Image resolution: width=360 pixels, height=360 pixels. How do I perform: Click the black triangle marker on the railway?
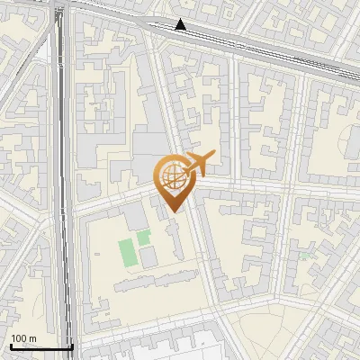(x=181, y=25)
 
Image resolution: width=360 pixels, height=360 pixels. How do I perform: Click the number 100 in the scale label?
(x=19, y=338)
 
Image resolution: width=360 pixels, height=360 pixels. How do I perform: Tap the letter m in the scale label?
(x=33, y=338)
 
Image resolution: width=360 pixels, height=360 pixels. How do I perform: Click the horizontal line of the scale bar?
(x=40, y=346)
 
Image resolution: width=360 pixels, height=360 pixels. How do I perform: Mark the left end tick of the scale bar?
(x=10, y=345)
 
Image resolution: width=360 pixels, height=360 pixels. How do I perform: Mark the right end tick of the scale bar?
(x=72, y=345)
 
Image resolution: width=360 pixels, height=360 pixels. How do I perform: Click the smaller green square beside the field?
(x=144, y=238)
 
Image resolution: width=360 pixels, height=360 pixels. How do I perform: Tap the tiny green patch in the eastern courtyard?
(x=303, y=256)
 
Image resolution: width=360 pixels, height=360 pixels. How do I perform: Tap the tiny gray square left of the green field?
(x=108, y=253)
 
